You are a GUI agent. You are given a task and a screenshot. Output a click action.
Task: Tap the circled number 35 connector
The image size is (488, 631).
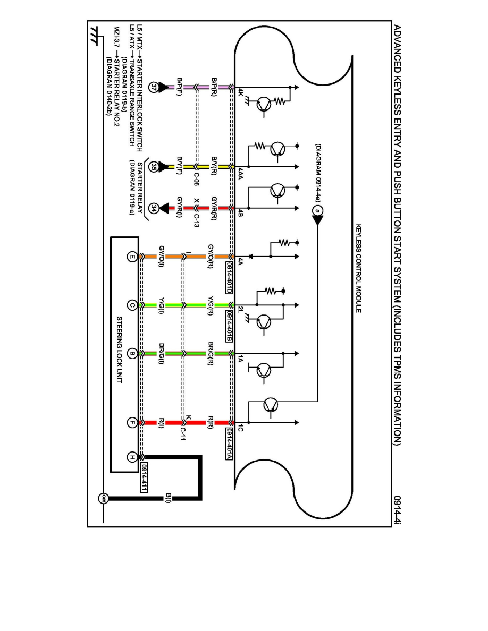(154, 166)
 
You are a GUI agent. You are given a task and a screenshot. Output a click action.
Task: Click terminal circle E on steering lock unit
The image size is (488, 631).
(132, 257)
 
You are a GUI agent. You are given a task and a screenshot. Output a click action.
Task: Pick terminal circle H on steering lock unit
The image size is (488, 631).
(132, 457)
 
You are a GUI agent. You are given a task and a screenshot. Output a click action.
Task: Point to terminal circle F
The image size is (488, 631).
(132, 423)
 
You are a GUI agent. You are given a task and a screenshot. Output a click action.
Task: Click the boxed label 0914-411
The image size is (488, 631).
(144, 476)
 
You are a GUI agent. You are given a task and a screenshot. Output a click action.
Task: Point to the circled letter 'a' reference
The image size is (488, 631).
(317, 211)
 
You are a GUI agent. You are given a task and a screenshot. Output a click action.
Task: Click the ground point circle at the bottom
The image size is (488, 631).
(104, 498)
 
